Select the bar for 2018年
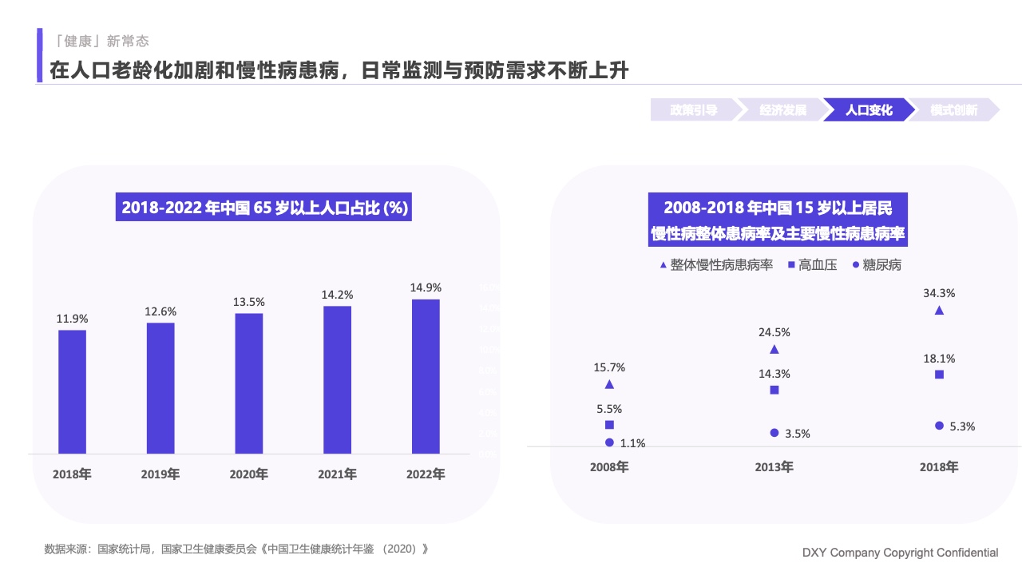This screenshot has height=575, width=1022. (72, 391)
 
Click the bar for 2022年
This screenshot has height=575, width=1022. (426, 376)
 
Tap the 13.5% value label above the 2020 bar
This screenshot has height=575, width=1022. (248, 302)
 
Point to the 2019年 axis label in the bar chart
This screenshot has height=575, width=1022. (160, 474)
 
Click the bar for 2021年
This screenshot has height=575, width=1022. (337, 379)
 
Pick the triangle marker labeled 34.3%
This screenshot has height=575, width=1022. (939, 311)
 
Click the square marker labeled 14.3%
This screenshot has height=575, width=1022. (774, 390)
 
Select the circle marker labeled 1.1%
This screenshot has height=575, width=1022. (610, 442)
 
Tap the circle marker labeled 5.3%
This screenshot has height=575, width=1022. (939, 426)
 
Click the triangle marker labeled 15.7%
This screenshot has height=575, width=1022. (610, 384)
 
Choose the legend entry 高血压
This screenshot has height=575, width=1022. (812, 265)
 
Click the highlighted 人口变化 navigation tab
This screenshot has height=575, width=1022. (869, 110)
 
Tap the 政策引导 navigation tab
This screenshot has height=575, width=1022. (693, 110)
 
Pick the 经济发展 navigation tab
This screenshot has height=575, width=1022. (782, 110)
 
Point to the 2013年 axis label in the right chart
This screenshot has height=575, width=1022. (774, 467)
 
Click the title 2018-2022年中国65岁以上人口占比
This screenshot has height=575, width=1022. (264, 208)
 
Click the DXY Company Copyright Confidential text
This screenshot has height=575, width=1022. (900, 553)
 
